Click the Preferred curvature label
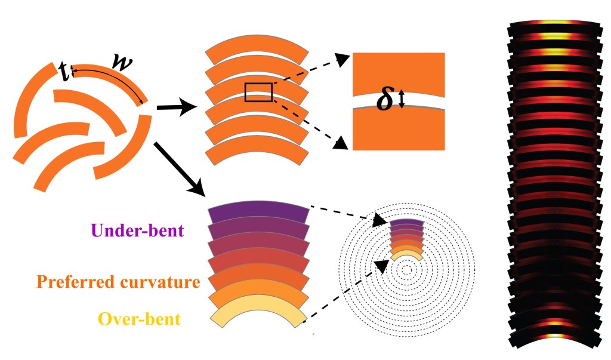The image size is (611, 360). pos(118,281)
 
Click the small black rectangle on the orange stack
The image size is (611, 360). pos(258,93)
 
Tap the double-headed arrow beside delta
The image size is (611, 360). pos(402,99)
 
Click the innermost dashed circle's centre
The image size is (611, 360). pos(406,270)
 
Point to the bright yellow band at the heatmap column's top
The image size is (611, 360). pos(554,27)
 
